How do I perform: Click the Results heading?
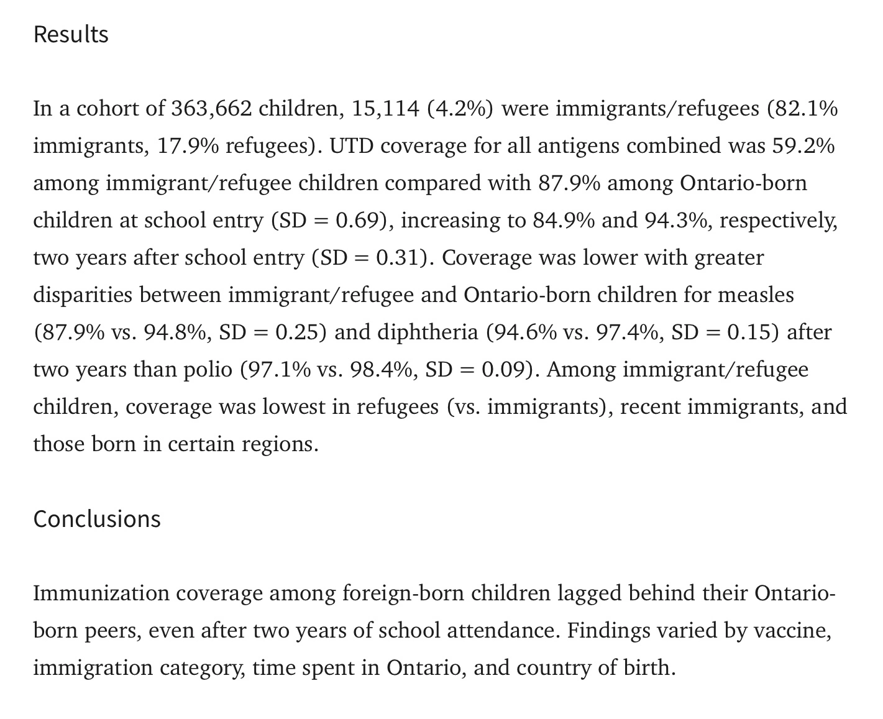coord(71,34)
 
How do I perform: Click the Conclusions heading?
coord(97,519)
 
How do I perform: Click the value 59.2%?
coord(803,146)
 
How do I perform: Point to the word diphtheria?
coord(437,332)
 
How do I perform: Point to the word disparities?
coord(83,295)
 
